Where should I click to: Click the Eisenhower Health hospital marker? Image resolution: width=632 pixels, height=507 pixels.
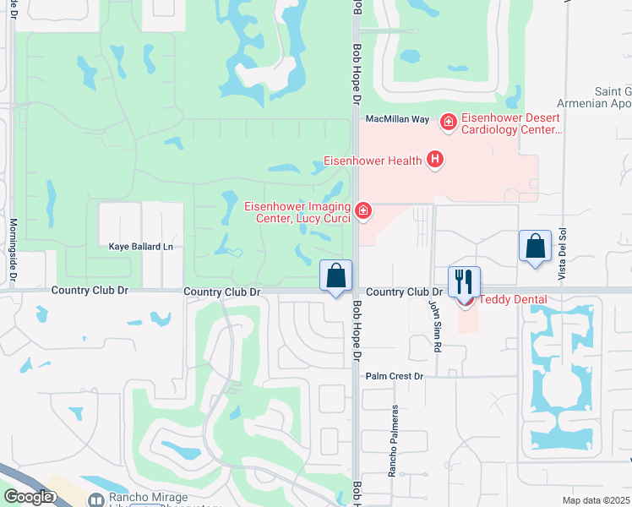point(435,159)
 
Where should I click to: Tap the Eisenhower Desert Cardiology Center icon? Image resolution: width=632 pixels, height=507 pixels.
point(448,124)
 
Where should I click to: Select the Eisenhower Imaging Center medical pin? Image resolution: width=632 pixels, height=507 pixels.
point(363,210)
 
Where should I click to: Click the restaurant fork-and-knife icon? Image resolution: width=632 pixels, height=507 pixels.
point(464,281)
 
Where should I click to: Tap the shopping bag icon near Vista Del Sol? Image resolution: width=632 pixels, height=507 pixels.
point(535,247)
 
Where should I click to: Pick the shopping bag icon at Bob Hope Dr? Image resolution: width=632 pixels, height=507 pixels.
point(335,275)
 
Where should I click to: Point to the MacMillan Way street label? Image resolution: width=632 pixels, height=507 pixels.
point(397,120)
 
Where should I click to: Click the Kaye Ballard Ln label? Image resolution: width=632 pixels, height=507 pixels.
point(141,247)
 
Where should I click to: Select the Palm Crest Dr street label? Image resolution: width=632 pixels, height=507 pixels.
point(394,376)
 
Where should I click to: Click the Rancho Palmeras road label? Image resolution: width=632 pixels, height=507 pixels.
point(393,440)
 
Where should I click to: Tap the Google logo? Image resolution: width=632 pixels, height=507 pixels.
point(29,497)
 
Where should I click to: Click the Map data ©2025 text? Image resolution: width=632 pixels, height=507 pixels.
point(595,500)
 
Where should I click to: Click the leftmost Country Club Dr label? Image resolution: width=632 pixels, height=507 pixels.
point(90,290)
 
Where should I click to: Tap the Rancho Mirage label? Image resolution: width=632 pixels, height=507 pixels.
point(143,499)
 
